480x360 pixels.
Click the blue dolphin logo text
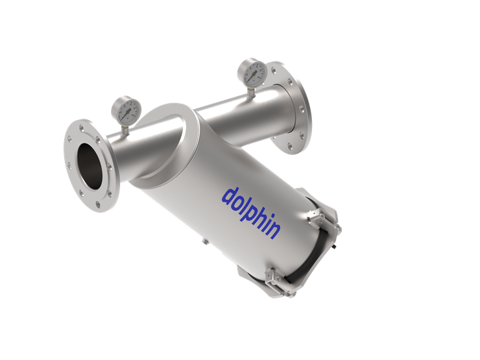(251, 213)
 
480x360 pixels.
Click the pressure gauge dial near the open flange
(126, 110)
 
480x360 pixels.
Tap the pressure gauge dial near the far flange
(252, 73)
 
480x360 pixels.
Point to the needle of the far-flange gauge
(252, 75)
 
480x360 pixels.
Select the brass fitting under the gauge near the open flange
(125, 130)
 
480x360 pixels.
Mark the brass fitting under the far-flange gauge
(251, 93)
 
